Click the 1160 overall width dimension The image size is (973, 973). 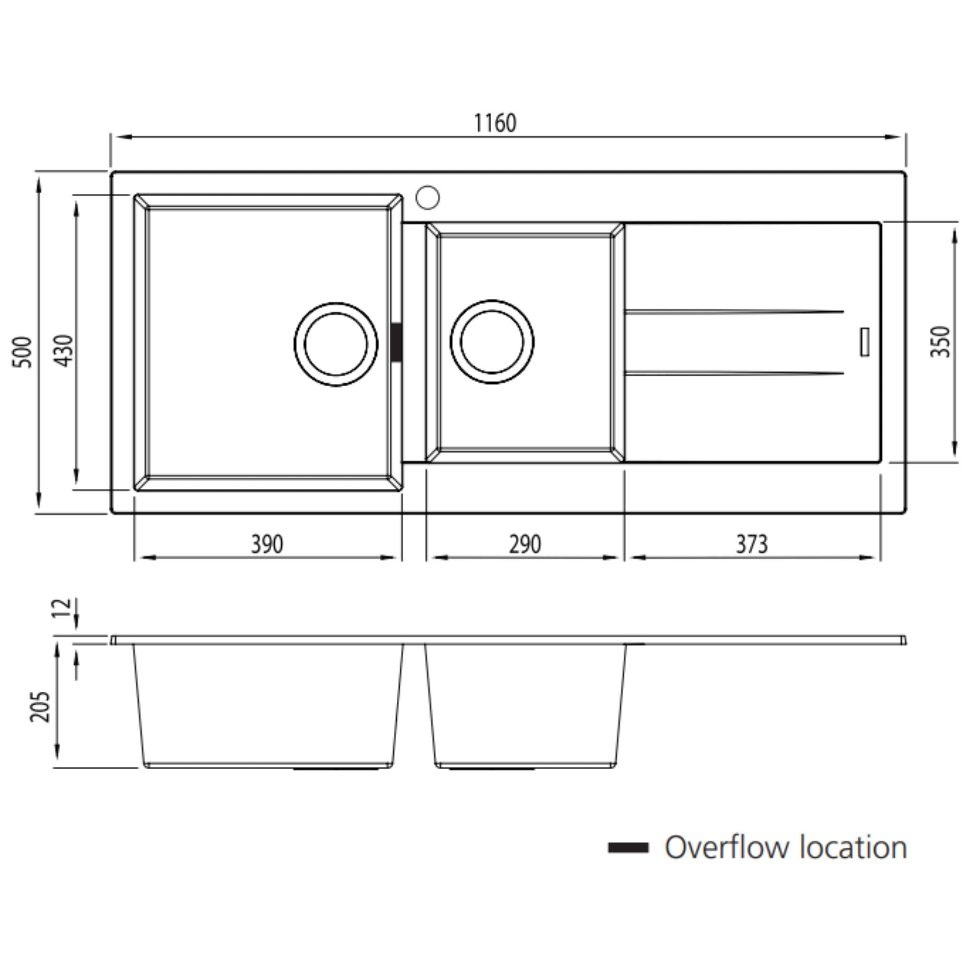[495, 124]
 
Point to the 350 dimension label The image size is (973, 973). [940, 342]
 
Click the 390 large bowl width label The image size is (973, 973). [267, 544]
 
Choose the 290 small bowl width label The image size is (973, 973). [525, 544]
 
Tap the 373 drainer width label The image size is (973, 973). [752, 544]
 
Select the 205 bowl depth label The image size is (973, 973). [40, 707]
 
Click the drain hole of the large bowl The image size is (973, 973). [336, 344]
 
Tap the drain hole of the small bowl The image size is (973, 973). [492, 342]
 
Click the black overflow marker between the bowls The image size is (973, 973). [397, 343]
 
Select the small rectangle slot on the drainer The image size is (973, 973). [865, 342]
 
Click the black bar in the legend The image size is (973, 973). [628, 848]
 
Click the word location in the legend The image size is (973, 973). [853, 848]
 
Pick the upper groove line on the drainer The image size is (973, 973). [733, 312]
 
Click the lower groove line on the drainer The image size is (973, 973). [733, 373]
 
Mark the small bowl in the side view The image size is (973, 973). [525, 705]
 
